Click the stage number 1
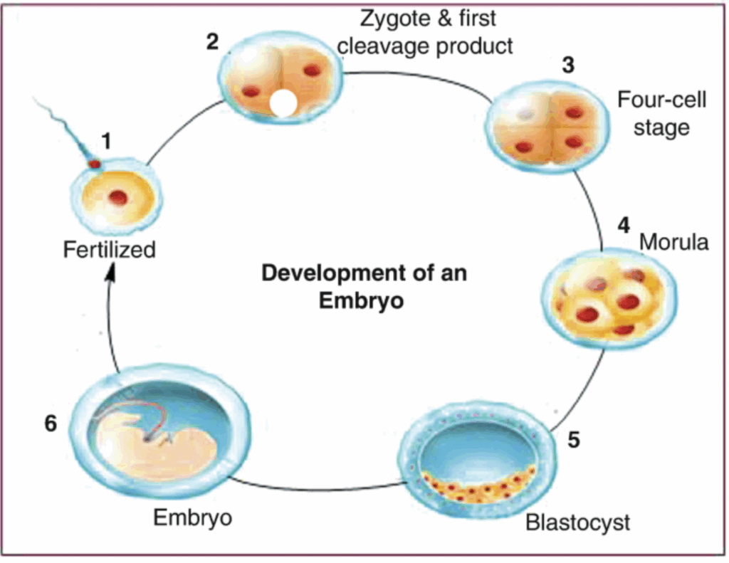tap(105, 141)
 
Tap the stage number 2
tap(212, 41)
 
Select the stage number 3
tap(567, 65)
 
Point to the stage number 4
tap(623, 226)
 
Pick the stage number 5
tap(574, 439)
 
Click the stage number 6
tap(50, 423)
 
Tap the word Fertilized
tap(109, 251)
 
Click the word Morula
tap(673, 242)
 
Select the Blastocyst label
tap(577, 522)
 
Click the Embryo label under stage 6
tap(192, 517)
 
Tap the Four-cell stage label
tap(661, 113)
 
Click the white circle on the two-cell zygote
tap(283, 103)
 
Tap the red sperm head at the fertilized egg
tap(94, 164)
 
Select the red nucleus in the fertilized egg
tap(118, 197)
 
